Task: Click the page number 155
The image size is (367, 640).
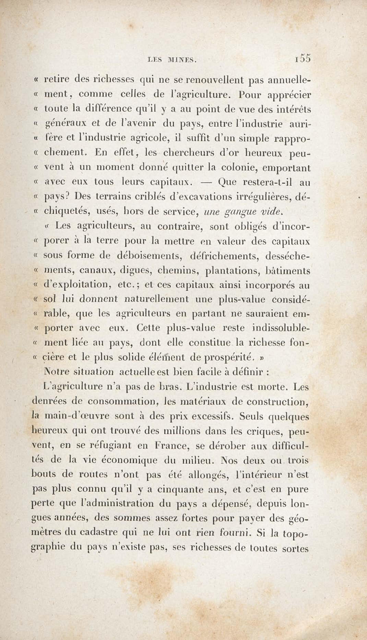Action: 302,58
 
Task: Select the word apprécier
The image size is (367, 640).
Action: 289,95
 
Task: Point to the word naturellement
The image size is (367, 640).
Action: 156,299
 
